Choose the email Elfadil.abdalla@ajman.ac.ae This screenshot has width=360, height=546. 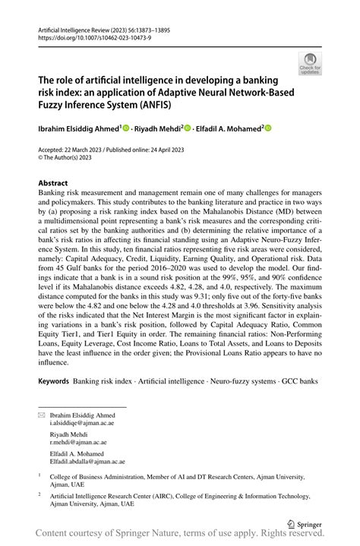(x=87, y=461)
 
